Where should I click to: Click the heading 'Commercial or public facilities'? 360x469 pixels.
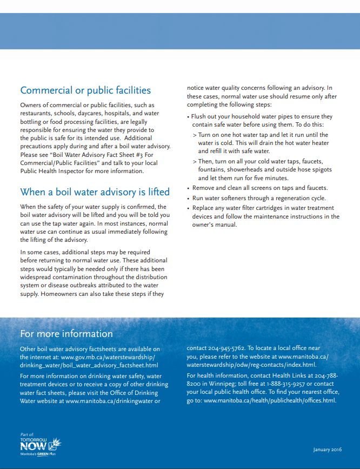[85, 90]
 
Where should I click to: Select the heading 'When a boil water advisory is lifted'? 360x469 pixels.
[95, 192]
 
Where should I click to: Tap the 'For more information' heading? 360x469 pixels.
[66, 333]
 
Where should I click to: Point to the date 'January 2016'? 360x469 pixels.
[328, 450]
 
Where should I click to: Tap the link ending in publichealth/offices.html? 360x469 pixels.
[270, 400]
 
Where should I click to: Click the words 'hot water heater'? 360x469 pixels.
[299, 143]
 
